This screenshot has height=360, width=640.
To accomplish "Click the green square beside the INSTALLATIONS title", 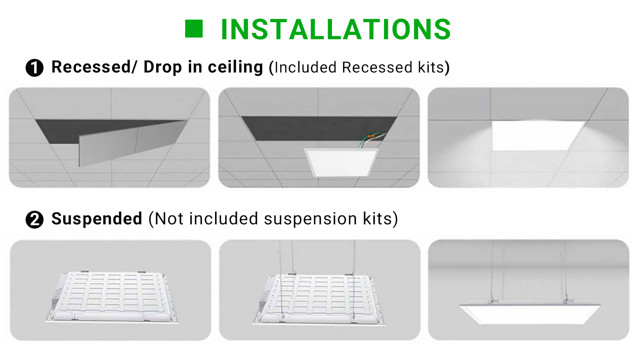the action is point(194,29).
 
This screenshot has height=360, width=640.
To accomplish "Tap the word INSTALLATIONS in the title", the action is point(336,29).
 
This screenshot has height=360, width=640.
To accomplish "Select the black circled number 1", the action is point(35,68).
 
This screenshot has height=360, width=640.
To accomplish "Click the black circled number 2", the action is point(35,220).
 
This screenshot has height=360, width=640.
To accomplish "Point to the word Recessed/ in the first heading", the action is point(94,67).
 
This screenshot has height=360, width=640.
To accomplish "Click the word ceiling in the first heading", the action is point(236,67).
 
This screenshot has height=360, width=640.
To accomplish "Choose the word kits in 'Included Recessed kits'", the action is point(431,67).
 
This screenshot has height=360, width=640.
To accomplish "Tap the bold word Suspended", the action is point(97,219).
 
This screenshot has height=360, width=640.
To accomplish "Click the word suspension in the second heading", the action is point(311,219).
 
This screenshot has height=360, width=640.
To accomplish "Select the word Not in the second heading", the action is point(169,219).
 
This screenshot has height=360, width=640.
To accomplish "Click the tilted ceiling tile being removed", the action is point(132,143).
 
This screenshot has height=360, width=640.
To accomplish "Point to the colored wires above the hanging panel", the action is point(372,139).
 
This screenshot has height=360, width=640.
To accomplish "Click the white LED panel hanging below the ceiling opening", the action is point(341,163).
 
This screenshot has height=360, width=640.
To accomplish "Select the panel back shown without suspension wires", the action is point(112,297).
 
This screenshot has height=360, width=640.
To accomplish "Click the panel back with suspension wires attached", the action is point(319,299).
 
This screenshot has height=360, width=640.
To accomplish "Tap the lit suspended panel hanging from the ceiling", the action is point(529,314).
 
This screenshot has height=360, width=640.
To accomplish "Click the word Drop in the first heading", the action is point(163,67).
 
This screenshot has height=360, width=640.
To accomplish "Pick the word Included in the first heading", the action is point(305,67).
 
